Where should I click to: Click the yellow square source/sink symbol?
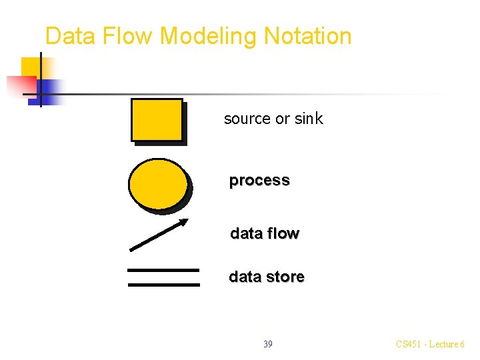(x=157, y=120)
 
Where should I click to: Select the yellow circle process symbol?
(x=158, y=184)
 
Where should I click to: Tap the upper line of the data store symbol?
(x=163, y=270)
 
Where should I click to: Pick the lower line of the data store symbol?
(x=163, y=285)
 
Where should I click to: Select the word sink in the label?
(x=309, y=119)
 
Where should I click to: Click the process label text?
(x=259, y=181)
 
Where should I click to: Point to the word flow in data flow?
(x=283, y=234)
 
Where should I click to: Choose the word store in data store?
(x=286, y=277)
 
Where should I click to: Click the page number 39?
(x=267, y=345)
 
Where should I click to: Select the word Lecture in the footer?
(x=443, y=345)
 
